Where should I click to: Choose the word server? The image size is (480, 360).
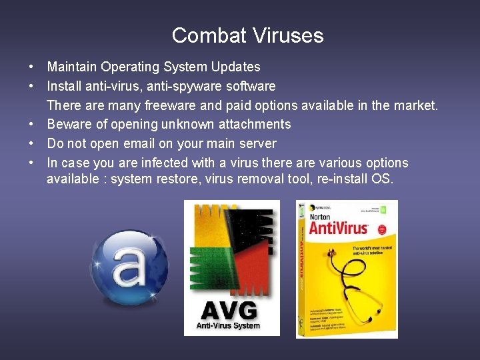(x=257, y=143)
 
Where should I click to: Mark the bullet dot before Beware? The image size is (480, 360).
(x=31, y=125)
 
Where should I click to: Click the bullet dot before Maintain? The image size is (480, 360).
(x=31, y=67)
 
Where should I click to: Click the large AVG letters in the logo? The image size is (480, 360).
(x=228, y=311)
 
